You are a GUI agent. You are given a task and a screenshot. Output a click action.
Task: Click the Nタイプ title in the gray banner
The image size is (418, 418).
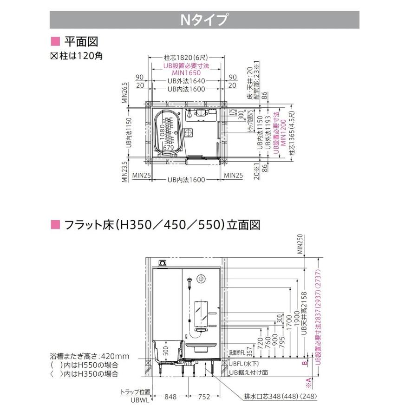click(x=204, y=20)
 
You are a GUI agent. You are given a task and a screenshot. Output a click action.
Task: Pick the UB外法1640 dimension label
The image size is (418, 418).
click(x=186, y=81)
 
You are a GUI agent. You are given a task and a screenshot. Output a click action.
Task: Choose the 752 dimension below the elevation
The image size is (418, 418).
click(x=203, y=397)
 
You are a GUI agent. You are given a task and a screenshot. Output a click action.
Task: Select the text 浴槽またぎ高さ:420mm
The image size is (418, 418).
click(x=90, y=356)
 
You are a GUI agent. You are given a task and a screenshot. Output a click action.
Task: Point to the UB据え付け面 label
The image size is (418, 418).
click(x=248, y=372)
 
